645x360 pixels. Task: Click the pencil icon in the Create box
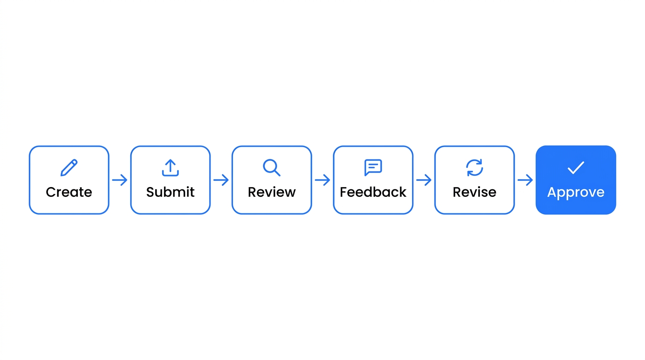click(69, 168)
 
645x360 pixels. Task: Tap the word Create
click(69, 192)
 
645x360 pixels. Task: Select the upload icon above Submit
click(170, 168)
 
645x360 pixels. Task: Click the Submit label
click(170, 192)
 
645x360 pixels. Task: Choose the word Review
click(271, 192)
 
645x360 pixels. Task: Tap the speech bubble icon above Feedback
click(373, 167)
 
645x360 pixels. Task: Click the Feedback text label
click(373, 192)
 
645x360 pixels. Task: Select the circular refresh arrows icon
click(474, 168)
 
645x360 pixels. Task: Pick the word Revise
click(474, 192)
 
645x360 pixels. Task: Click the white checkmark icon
click(576, 167)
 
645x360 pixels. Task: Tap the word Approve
click(576, 193)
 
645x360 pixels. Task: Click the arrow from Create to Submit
click(120, 180)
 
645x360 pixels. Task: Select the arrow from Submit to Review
click(221, 180)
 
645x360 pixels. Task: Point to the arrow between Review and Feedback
click(322, 180)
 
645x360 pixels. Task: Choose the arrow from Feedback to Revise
click(424, 180)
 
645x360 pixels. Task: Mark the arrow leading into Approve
click(525, 180)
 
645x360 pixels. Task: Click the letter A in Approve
click(553, 192)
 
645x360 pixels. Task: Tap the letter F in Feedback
click(344, 192)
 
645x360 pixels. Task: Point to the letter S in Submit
click(150, 192)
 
